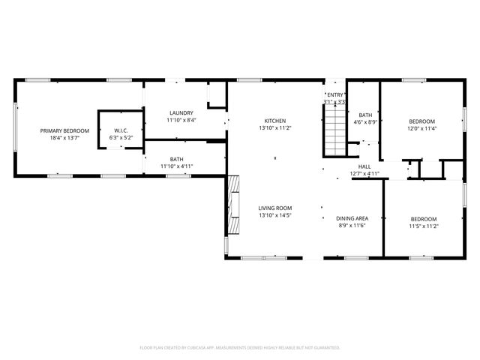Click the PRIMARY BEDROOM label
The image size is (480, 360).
(x=64, y=130)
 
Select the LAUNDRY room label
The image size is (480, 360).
(x=181, y=113)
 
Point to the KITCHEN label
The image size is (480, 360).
(x=274, y=121)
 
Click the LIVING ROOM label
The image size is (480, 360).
(x=274, y=208)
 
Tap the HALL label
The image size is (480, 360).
(x=364, y=166)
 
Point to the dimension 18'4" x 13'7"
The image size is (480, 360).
(x=64, y=138)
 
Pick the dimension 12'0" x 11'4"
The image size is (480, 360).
(x=421, y=128)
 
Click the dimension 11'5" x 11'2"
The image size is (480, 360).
(x=424, y=226)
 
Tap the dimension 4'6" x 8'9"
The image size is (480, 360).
(x=366, y=122)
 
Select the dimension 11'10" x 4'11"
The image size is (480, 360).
(x=176, y=166)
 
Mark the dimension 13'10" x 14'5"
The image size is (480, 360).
(x=274, y=215)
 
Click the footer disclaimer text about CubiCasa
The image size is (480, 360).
(x=240, y=348)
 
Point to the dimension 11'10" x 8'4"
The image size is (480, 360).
(x=181, y=121)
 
